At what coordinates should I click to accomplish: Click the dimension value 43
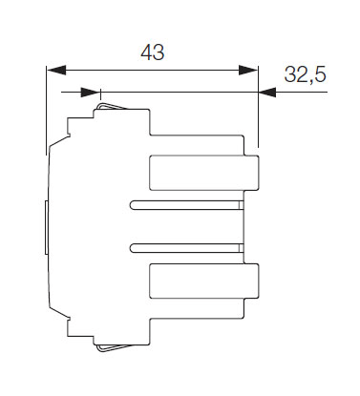(153, 52)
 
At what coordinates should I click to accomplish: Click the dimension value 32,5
(306, 75)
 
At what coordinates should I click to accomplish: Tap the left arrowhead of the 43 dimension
(56, 70)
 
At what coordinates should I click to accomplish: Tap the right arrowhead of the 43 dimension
(248, 70)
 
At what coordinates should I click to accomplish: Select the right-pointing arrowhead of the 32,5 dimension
(91, 93)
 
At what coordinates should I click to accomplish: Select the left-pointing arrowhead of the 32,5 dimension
(267, 93)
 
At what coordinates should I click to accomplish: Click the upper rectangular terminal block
(204, 173)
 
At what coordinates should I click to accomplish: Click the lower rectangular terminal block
(204, 281)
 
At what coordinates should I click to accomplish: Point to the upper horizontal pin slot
(187, 205)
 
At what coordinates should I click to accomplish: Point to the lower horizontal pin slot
(187, 248)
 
